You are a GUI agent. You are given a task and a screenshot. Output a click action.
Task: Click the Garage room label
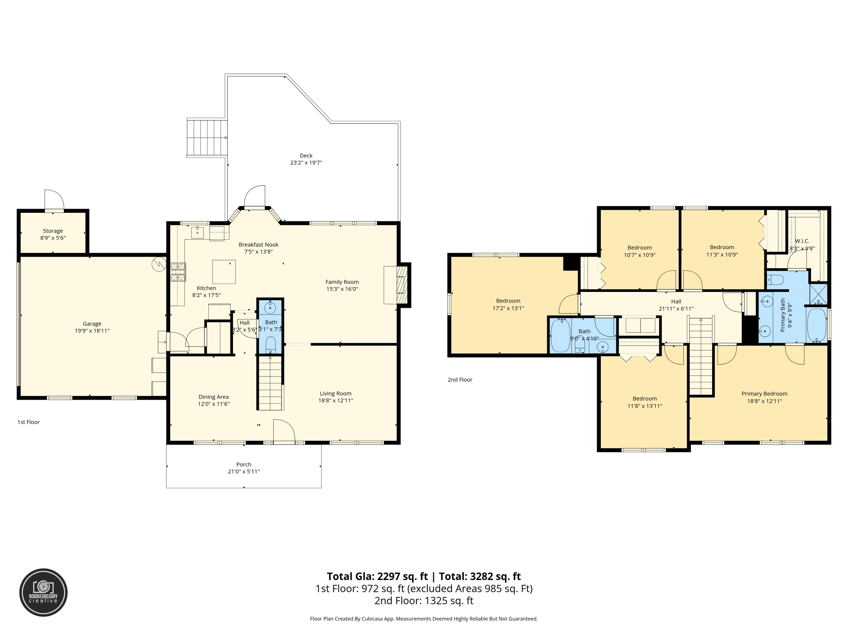click(92, 324)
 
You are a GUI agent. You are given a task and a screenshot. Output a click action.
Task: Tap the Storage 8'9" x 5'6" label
click(53, 234)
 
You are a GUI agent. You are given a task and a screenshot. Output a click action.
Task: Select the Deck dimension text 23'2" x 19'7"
click(306, 163)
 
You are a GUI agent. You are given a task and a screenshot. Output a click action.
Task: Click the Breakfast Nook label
click(258, 245)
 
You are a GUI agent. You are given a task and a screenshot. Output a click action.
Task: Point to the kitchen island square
click(224, 272)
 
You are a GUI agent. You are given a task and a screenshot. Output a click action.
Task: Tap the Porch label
click(244, 465)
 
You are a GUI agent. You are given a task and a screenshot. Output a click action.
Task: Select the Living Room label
click(335, 394)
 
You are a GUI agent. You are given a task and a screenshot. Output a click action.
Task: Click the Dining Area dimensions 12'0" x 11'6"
click(214, 404)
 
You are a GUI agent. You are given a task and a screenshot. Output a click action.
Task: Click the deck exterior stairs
click(207, 138)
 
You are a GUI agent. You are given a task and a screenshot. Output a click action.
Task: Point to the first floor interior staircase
click(270, 383)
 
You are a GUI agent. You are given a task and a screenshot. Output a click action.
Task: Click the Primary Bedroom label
click(764, 394)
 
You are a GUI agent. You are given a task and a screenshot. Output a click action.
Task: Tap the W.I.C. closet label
click(802, 241)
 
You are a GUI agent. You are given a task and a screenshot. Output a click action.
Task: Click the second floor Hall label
click(676, 301)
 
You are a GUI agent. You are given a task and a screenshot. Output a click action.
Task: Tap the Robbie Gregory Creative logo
click(43, 593)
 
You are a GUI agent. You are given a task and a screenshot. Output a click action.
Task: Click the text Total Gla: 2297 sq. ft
click(377, 576)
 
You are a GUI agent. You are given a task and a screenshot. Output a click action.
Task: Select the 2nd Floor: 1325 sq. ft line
click(424, 600)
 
